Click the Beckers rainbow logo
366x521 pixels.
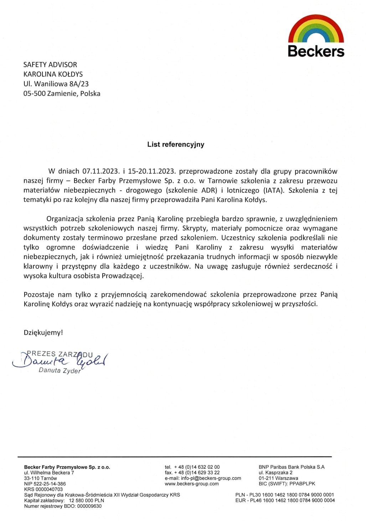(316, 36)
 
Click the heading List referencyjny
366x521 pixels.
(176, 144)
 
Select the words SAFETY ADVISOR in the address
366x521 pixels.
(50, 65)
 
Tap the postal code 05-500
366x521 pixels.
(35, 94)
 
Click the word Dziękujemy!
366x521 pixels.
(43, 333)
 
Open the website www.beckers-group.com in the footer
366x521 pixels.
(192, 484)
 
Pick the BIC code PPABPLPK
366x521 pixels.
(302, 484)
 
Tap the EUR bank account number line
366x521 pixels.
(285, 500)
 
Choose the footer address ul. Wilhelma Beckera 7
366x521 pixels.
(49, 473)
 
